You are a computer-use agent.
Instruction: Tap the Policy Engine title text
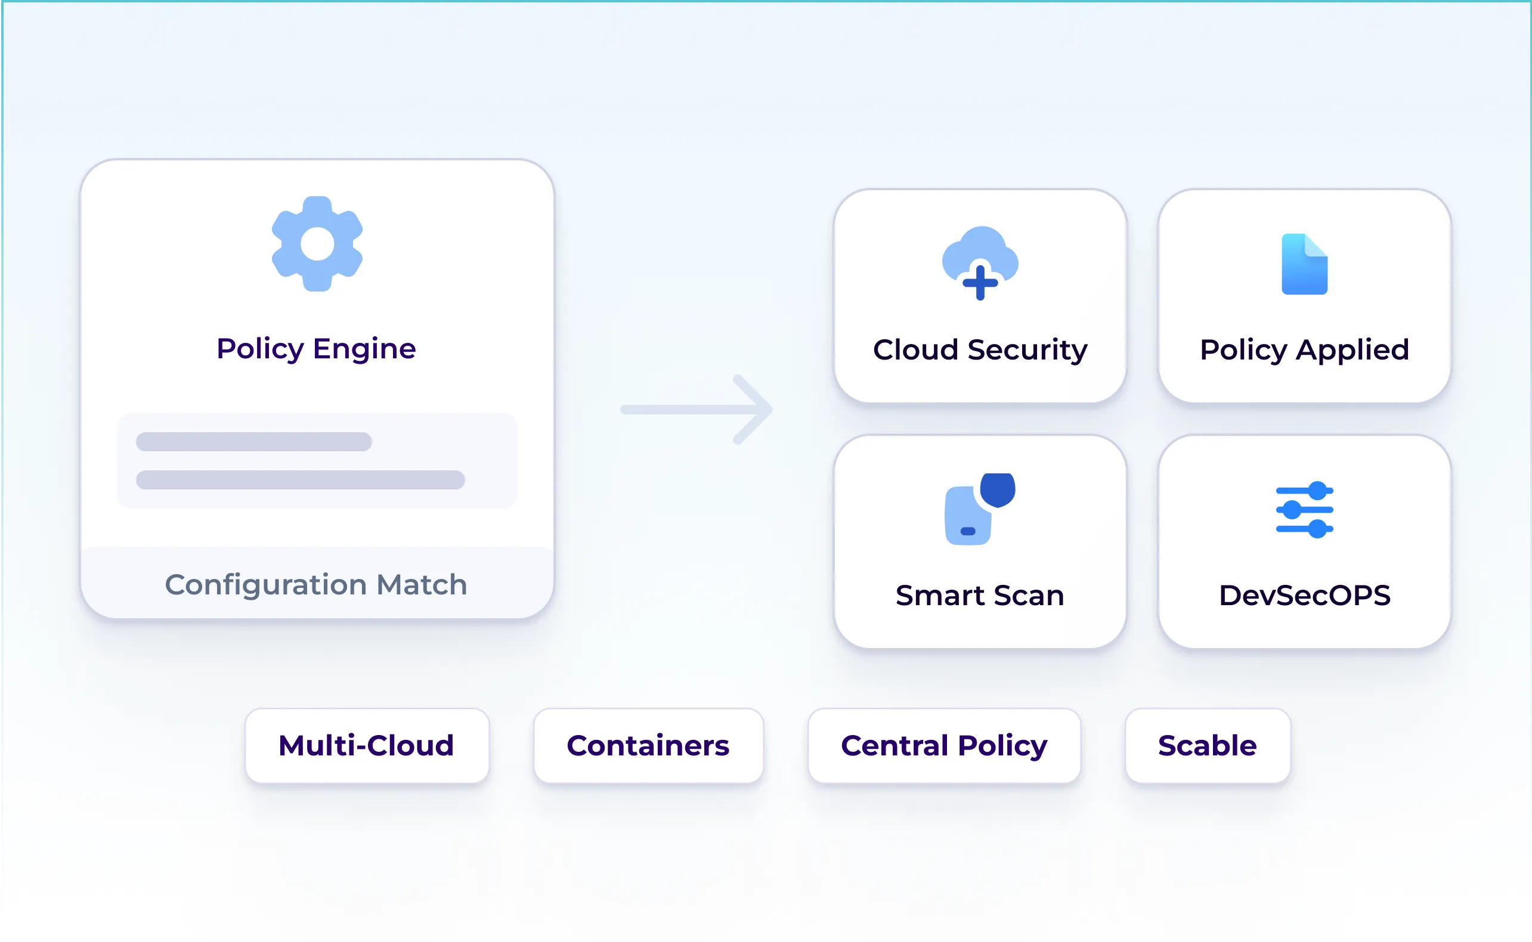316,348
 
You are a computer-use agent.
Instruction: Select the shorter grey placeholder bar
253,442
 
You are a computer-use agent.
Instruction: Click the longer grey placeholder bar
301,480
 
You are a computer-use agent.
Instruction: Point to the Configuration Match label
316,584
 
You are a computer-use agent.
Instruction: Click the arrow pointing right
698,410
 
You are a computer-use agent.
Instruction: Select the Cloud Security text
980,349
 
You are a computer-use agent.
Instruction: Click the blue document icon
1304,264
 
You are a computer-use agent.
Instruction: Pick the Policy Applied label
1304,349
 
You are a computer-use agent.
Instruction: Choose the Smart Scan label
980,596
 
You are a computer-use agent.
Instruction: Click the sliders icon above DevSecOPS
1304,510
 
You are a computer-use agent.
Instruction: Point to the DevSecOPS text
1304,596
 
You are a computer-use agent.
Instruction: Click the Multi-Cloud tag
367,746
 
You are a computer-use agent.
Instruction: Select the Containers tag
648,746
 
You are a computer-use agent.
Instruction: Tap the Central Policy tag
944,746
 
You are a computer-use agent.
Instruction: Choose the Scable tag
1208,746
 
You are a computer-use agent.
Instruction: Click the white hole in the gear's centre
317,244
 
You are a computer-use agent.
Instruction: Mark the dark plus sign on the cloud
980,283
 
